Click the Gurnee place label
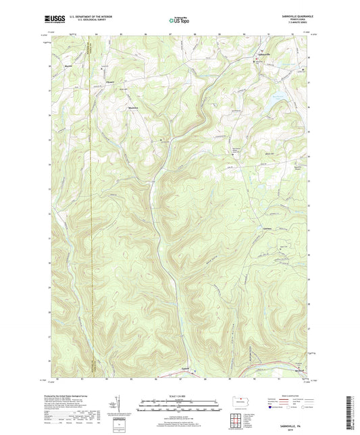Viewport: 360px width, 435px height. coord(267,229)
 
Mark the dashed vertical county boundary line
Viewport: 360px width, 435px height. coord(91,203)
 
